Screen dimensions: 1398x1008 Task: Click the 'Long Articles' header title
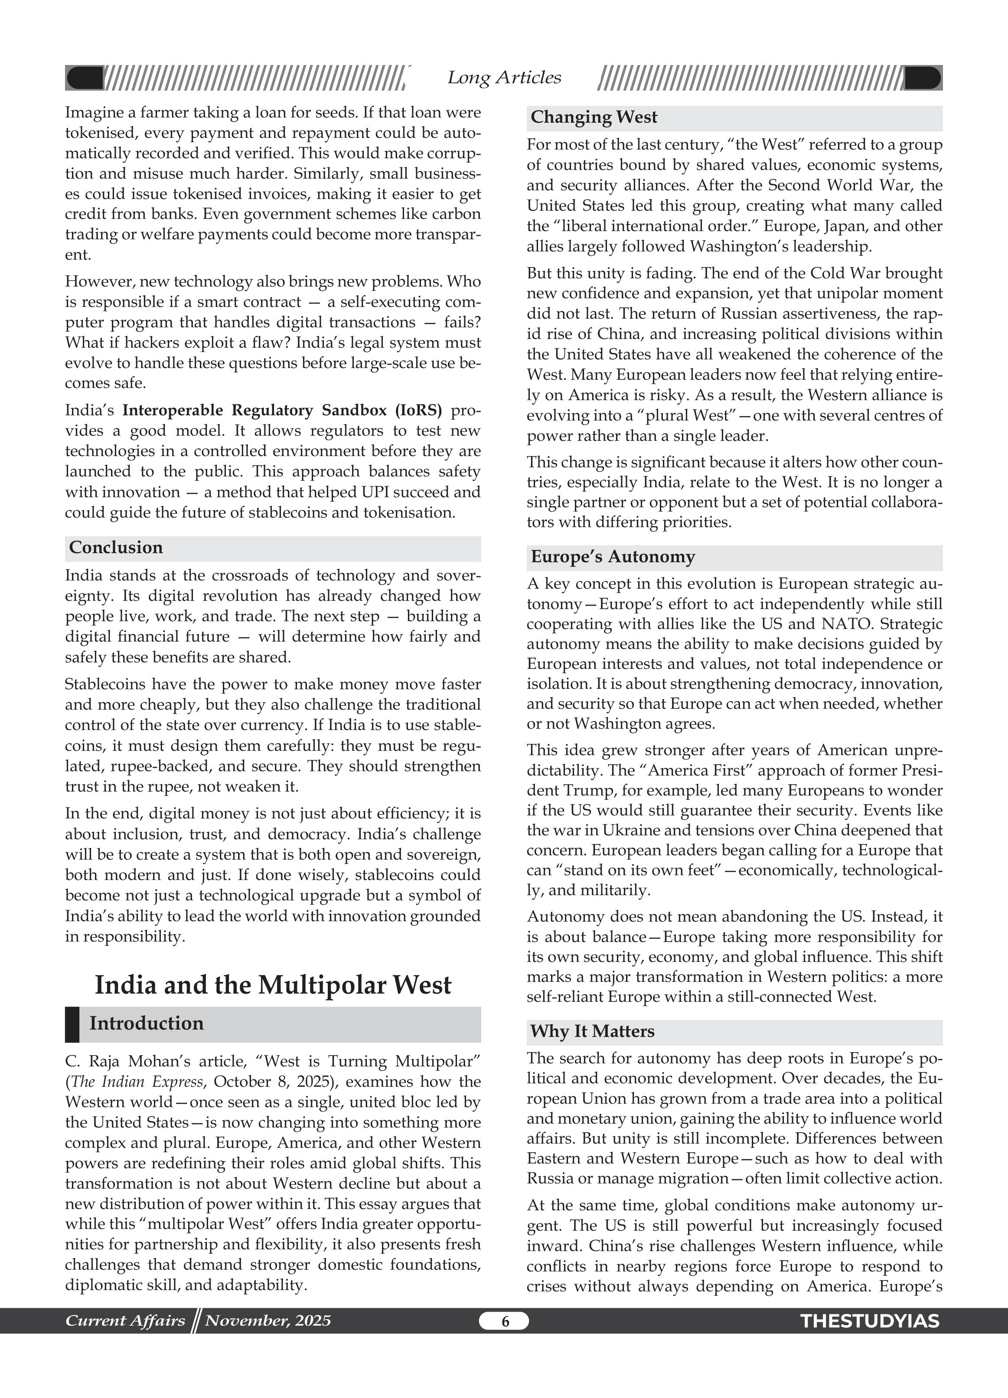coord(504,78)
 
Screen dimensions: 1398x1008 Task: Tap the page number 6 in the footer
coord(504,1321)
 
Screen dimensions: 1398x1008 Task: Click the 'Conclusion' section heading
coord(116,547)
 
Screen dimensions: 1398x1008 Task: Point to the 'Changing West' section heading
coord(594,117)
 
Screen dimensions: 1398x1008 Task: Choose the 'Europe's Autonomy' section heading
coord(612,557)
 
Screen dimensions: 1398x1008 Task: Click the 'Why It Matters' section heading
coord(592,1031)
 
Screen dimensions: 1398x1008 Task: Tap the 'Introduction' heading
coord(146,1023)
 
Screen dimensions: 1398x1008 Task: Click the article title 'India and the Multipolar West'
coord(273,984)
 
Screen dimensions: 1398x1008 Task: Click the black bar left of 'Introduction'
coord(72,1024)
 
